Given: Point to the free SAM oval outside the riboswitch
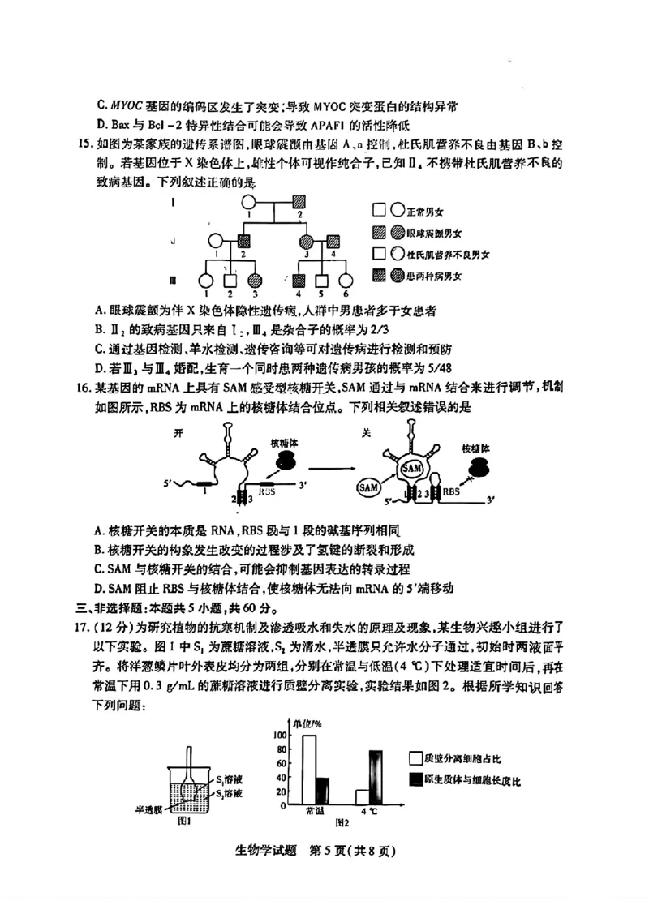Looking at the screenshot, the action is coord(370,487).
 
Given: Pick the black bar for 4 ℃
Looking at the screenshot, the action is coord(375,777).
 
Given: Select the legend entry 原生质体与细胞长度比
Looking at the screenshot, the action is coord(466,780).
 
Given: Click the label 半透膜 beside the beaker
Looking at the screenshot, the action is coord(150,809).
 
